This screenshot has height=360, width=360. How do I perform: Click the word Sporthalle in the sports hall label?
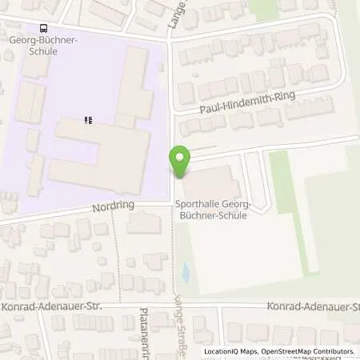[x=194, y=206]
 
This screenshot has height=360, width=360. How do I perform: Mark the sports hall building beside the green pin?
[x=212, y=182]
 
